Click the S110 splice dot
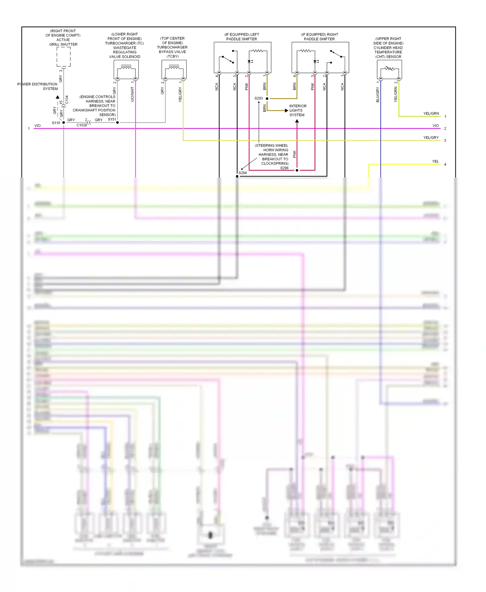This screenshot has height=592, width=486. click(64, 122)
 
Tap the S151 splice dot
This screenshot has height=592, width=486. click(117, 122)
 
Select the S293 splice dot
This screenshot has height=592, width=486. click(267, 98)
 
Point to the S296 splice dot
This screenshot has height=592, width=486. click(297, 170)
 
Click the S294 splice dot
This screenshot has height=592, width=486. click(237, 176)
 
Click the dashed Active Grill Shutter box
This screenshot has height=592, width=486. click(64, 57)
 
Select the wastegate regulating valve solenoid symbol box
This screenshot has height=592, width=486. click(126, 69)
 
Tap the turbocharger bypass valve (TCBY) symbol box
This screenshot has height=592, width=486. click(174, 69)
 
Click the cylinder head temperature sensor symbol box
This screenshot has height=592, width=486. click(389, 69)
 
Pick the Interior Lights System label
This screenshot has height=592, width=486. click(298, 110)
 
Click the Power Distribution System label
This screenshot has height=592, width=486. click(38, 86)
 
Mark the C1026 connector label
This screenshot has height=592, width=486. click(82, 125)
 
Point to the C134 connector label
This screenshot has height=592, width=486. click(67, 99)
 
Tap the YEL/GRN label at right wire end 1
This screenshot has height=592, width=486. click(431, 113)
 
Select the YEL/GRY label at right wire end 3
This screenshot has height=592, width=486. click(431, 137)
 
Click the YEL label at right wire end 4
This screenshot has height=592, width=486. click(435, 161)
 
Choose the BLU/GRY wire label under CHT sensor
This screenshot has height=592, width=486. click(377, 95)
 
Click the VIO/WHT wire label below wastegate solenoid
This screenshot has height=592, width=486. click(132, 94)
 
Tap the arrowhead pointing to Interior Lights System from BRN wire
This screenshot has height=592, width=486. click(286, 110)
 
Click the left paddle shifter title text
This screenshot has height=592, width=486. click(242, 37)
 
